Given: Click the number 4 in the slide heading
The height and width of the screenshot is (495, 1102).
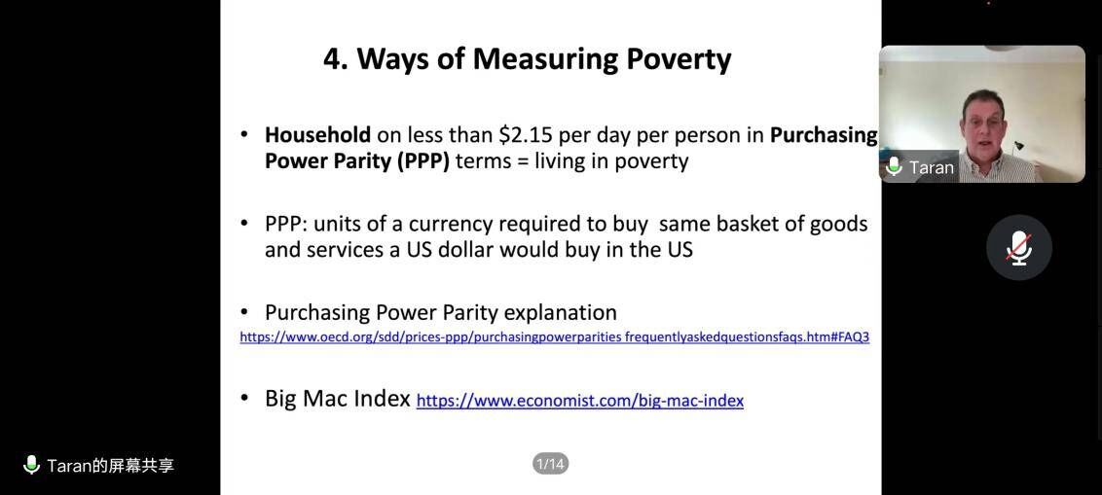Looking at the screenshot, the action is [x=332, y=59].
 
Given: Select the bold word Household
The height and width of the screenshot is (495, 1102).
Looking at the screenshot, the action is [x=317, y=135].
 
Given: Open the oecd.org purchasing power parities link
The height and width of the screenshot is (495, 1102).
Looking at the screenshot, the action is [x=555, y=337].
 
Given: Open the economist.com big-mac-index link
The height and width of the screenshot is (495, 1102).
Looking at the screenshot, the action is [x=580, y=401].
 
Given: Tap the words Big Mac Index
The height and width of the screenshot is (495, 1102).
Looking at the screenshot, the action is [x=338, y=399].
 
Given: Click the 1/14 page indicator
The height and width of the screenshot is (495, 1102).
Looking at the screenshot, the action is [x=550, y=464].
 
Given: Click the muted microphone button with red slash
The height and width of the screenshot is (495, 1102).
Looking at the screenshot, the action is [x=1019, y=248].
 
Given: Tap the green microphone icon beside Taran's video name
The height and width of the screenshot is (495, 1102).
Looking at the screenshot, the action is [x=894, y=167].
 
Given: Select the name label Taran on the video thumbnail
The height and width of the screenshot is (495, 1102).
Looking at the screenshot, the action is [x=932, y=168].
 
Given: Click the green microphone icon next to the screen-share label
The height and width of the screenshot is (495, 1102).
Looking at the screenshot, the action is [x=31, y=465].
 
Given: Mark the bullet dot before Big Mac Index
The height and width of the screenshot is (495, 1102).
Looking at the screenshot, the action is [x=244, y=398].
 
